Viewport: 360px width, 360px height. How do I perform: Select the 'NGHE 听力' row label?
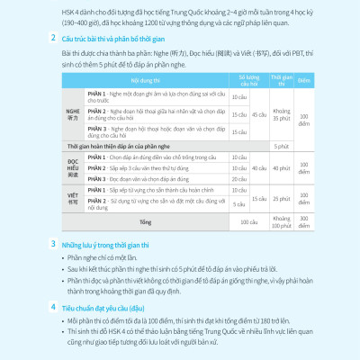(74, 115)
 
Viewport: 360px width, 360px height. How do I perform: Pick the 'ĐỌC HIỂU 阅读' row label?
(74, 167)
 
